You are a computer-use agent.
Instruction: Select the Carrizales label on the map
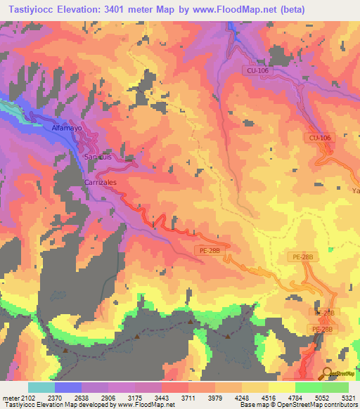click(100, 181)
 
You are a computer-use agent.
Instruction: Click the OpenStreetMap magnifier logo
click(328, 372)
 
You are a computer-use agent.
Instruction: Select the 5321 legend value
click(347, 398)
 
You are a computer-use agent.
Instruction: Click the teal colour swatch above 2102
click(41, 387)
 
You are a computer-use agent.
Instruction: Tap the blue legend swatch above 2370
click(68, 387)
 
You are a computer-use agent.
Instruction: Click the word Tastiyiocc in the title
click(33, 9)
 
